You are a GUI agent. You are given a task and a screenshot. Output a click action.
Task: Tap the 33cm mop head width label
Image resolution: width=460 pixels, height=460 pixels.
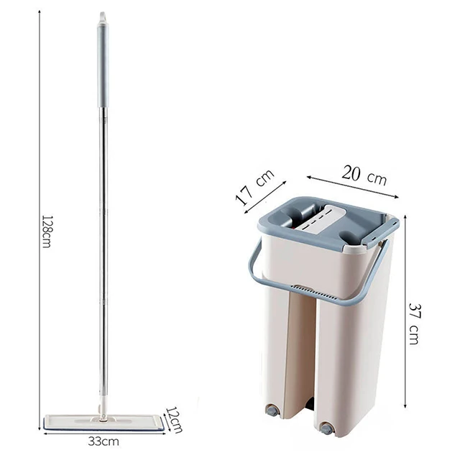[x=105, y=439]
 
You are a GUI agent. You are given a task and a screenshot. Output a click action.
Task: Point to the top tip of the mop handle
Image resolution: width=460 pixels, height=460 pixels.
[x=102, y=14]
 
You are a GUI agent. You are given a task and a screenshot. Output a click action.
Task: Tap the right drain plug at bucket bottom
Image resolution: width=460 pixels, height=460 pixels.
[x=328, y=428]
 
